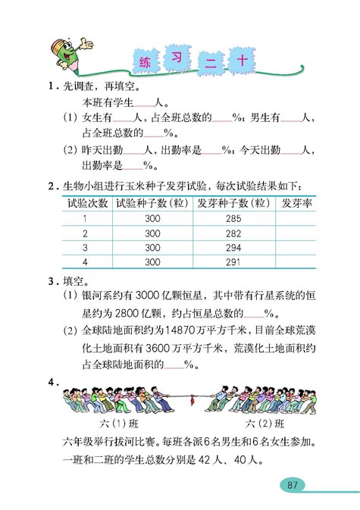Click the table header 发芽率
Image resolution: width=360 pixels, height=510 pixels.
[295, 203]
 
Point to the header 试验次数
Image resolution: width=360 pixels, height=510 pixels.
[85, 203]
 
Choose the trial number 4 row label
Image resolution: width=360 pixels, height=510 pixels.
[85, 262]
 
